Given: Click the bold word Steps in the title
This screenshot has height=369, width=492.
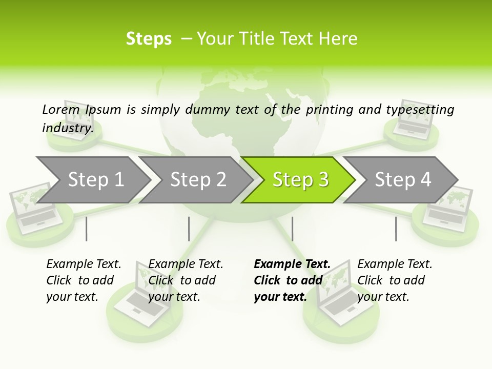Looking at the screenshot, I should click(x=149, y=39).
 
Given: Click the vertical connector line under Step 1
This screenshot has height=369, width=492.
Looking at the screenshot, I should click(x=87, y=229).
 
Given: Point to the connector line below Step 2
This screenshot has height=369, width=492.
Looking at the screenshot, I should click(x=189, y=229).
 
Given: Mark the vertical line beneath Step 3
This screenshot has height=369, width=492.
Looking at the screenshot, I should click(x=292, y=229).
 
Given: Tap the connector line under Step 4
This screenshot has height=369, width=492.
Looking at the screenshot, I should click(x=396, y=229).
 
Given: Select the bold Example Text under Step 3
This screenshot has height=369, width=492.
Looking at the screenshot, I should click(x=292, y=280).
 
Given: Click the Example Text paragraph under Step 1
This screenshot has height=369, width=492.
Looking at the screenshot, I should click(x=84, y=280).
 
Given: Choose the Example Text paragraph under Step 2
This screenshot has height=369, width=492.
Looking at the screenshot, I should click(x=186, y=280).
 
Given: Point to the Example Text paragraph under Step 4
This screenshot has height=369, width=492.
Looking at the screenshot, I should click(x=395, y=280).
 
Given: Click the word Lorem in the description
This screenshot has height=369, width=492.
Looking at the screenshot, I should click(x=60, y=109).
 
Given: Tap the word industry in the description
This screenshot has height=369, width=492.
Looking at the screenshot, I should click(x=68, y=128).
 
